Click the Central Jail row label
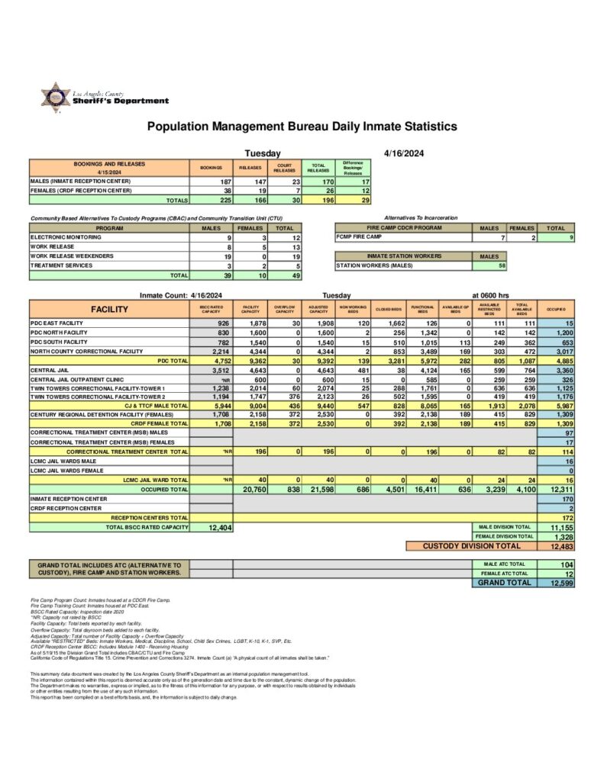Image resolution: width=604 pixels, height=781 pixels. point(53,370)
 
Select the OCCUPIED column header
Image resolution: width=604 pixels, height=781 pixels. point(555,310)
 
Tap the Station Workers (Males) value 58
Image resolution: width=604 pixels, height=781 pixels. point(502,265)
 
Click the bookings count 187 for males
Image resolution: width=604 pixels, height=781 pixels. point(224,182)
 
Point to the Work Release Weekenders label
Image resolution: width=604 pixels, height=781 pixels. point(72,256)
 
